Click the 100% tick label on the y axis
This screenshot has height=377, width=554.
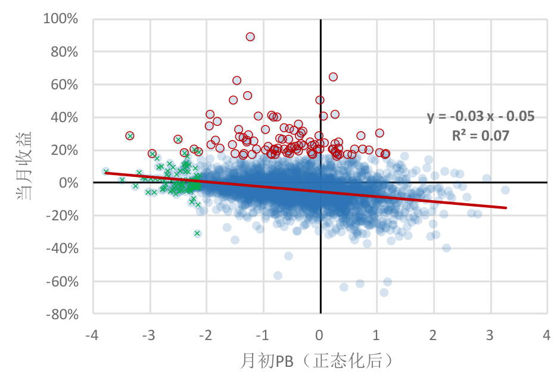(x=61, y=19)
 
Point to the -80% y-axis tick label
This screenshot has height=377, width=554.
(x=63, y=314)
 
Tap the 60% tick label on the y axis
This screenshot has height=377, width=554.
(x=64, y=85)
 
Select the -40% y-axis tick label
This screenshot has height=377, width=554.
(x=63, y=248)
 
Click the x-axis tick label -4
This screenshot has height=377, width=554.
(x=92, y=335)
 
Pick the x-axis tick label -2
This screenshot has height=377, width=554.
(x=206, y=335)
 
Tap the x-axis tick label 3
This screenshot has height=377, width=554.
(x=490, y=335)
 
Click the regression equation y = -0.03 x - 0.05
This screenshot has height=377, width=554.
(x=481, y=116)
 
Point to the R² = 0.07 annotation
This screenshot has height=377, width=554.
(x=481, y=135)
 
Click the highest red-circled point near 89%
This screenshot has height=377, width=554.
(x=250, y=37)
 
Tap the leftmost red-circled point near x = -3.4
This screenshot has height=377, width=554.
(x=130, y=136)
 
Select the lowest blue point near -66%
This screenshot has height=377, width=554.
(x=384, y=292)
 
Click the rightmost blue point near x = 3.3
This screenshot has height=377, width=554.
(x=505, y=190)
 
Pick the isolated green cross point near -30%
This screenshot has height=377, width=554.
(x=197, y=233)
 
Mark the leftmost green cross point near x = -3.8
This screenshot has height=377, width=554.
(x=106, y=172)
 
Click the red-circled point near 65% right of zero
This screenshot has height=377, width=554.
(x=333, y=77)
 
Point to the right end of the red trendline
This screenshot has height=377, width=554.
(x=506, y=208)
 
